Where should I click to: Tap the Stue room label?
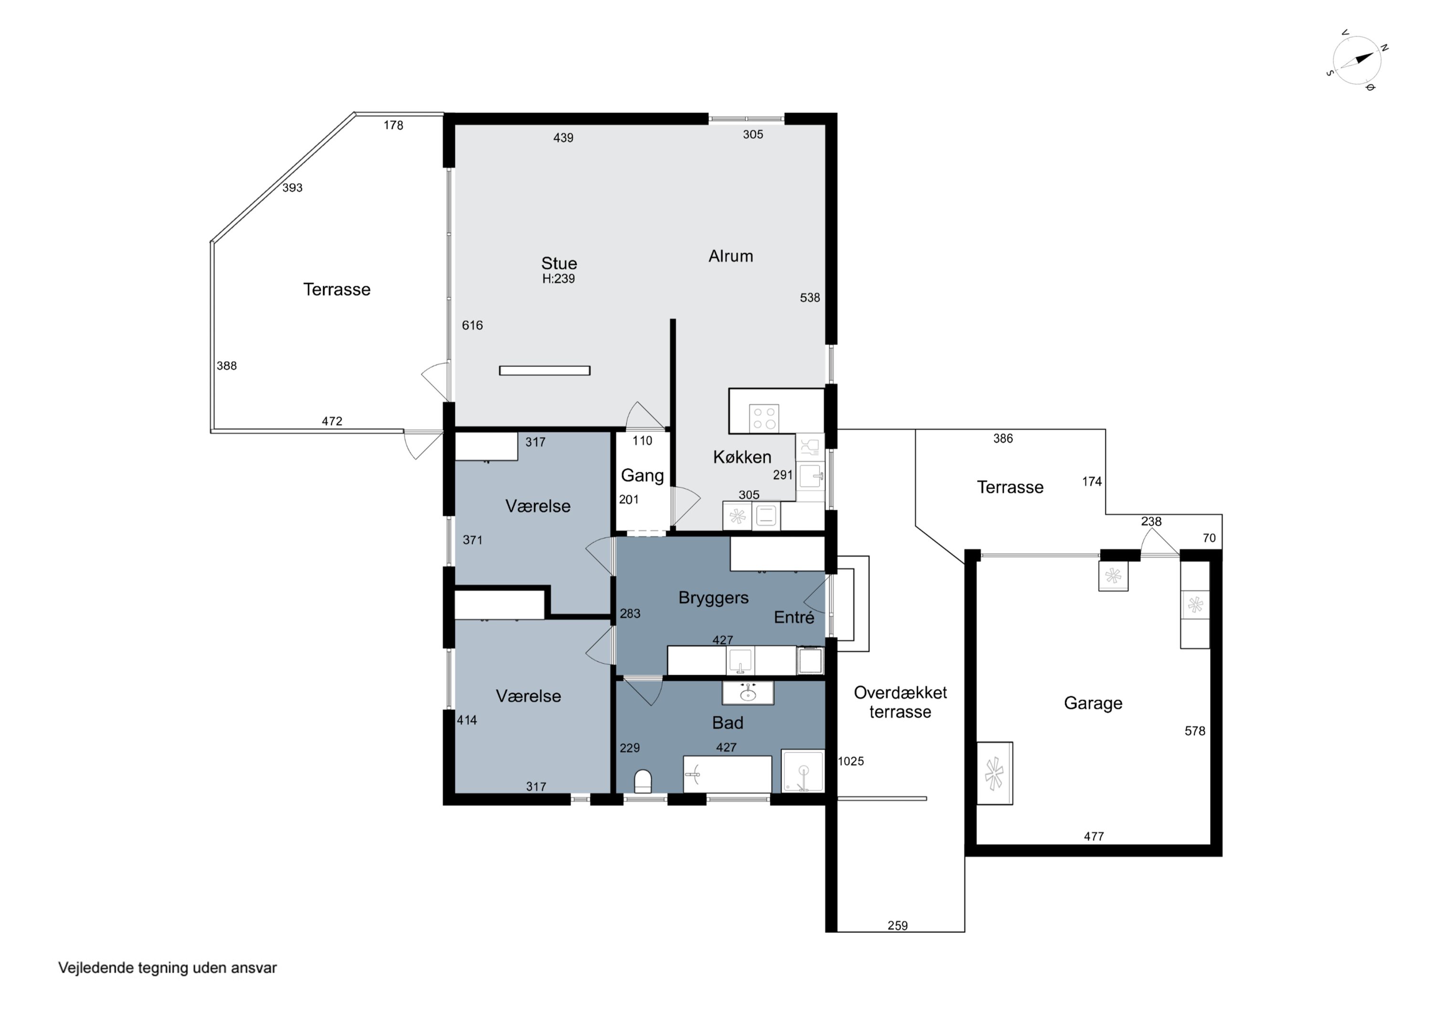tap(559, 263)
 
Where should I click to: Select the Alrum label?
tap(730, 256)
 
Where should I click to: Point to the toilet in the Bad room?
tap(642, 781)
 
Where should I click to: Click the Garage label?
tap(1093, 703)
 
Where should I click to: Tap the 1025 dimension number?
tap(851, 761)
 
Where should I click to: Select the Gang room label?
tap(642, 476)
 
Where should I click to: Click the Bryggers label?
tap(714, 598)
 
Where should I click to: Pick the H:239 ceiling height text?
tap(558, 279)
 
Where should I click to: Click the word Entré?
tap(794, 617)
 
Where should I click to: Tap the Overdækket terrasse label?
tap(900, 702)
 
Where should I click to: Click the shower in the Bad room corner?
tap(803, 771)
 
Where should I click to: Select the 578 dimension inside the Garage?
tap(1195, 731)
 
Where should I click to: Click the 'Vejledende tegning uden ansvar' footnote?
tap(167, 968)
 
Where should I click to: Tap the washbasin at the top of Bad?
tap(748, 693)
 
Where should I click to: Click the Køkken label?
tap(742, 457)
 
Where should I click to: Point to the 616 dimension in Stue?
tap(472, 325)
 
